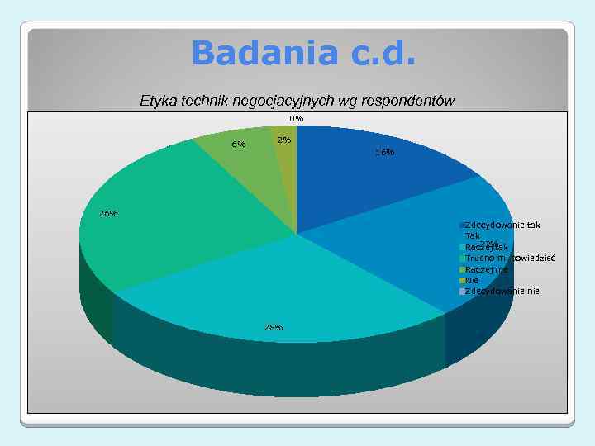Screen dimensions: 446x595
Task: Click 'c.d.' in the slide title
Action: [x=384, y=54]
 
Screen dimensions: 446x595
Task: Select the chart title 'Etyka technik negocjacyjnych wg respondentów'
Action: [x=297, y=101]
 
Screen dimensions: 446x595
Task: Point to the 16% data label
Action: [x=384, y=153]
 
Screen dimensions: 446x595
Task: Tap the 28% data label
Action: [x=274, y=327]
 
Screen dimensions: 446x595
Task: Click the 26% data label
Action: [x=107, y=214]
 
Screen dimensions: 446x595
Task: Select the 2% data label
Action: [x=284, y=140]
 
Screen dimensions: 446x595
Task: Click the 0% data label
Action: [x=296, y=118]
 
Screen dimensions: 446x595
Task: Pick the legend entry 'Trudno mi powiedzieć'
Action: [x=510, y=258]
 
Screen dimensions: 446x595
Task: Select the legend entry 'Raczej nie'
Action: [x=487, y=269]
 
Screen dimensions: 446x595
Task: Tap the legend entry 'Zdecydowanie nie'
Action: [x=502, y=291]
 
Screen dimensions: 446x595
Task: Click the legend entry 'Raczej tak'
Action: [x=487, y=247]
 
